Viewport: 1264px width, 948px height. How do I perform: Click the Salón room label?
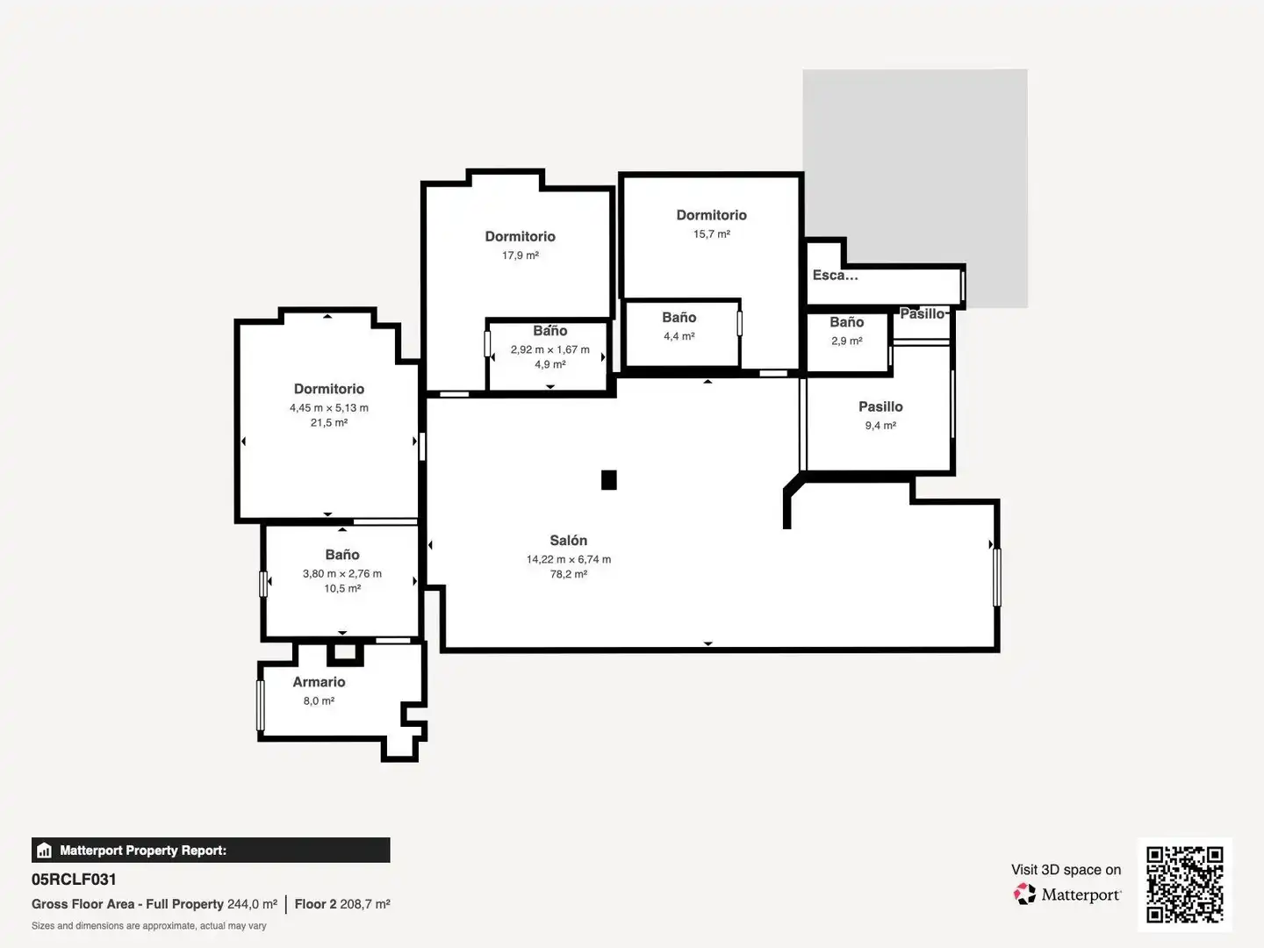569,541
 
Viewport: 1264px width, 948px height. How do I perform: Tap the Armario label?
319,682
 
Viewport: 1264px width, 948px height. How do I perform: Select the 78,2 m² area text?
569,574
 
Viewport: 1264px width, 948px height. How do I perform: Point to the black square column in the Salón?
608,480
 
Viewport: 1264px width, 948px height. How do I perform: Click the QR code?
1184,885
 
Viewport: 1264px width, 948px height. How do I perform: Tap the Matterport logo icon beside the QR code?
1024,894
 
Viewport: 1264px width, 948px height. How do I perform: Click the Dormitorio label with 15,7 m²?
711,215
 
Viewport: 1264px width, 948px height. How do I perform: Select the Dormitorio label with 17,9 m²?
520,237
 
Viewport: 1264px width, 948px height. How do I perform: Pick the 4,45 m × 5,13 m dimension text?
329,407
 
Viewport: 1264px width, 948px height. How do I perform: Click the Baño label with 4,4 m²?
679,318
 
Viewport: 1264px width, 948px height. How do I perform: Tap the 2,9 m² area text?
846,341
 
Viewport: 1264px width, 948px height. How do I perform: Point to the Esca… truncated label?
835,275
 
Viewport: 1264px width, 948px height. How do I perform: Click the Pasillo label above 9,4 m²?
880,407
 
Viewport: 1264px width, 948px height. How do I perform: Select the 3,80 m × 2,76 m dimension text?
342,573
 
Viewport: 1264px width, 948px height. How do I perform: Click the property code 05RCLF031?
74,880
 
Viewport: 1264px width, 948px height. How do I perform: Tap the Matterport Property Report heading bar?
211,851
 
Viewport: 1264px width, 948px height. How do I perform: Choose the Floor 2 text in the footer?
316,904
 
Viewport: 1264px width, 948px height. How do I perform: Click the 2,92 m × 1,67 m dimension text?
550,349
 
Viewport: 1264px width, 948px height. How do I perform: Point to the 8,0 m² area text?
319,700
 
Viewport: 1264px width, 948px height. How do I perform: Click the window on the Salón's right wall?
997,578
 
